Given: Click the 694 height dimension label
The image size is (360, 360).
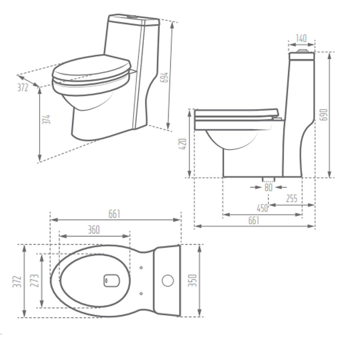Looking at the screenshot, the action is click(x=164, y=77).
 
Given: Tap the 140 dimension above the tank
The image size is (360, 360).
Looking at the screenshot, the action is click(x=301, y=38).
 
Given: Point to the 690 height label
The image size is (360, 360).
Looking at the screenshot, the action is click(x=324, y=115).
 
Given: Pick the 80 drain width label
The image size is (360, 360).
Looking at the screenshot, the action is click(x=268, y=187).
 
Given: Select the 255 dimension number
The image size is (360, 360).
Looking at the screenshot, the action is click(x=292, y=198).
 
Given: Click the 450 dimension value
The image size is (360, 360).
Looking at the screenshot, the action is click(x=262, y=208).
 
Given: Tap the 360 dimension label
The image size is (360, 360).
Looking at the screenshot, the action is click(x=94, y=230).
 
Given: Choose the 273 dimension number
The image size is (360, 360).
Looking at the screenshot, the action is click(x=34, y=280).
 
